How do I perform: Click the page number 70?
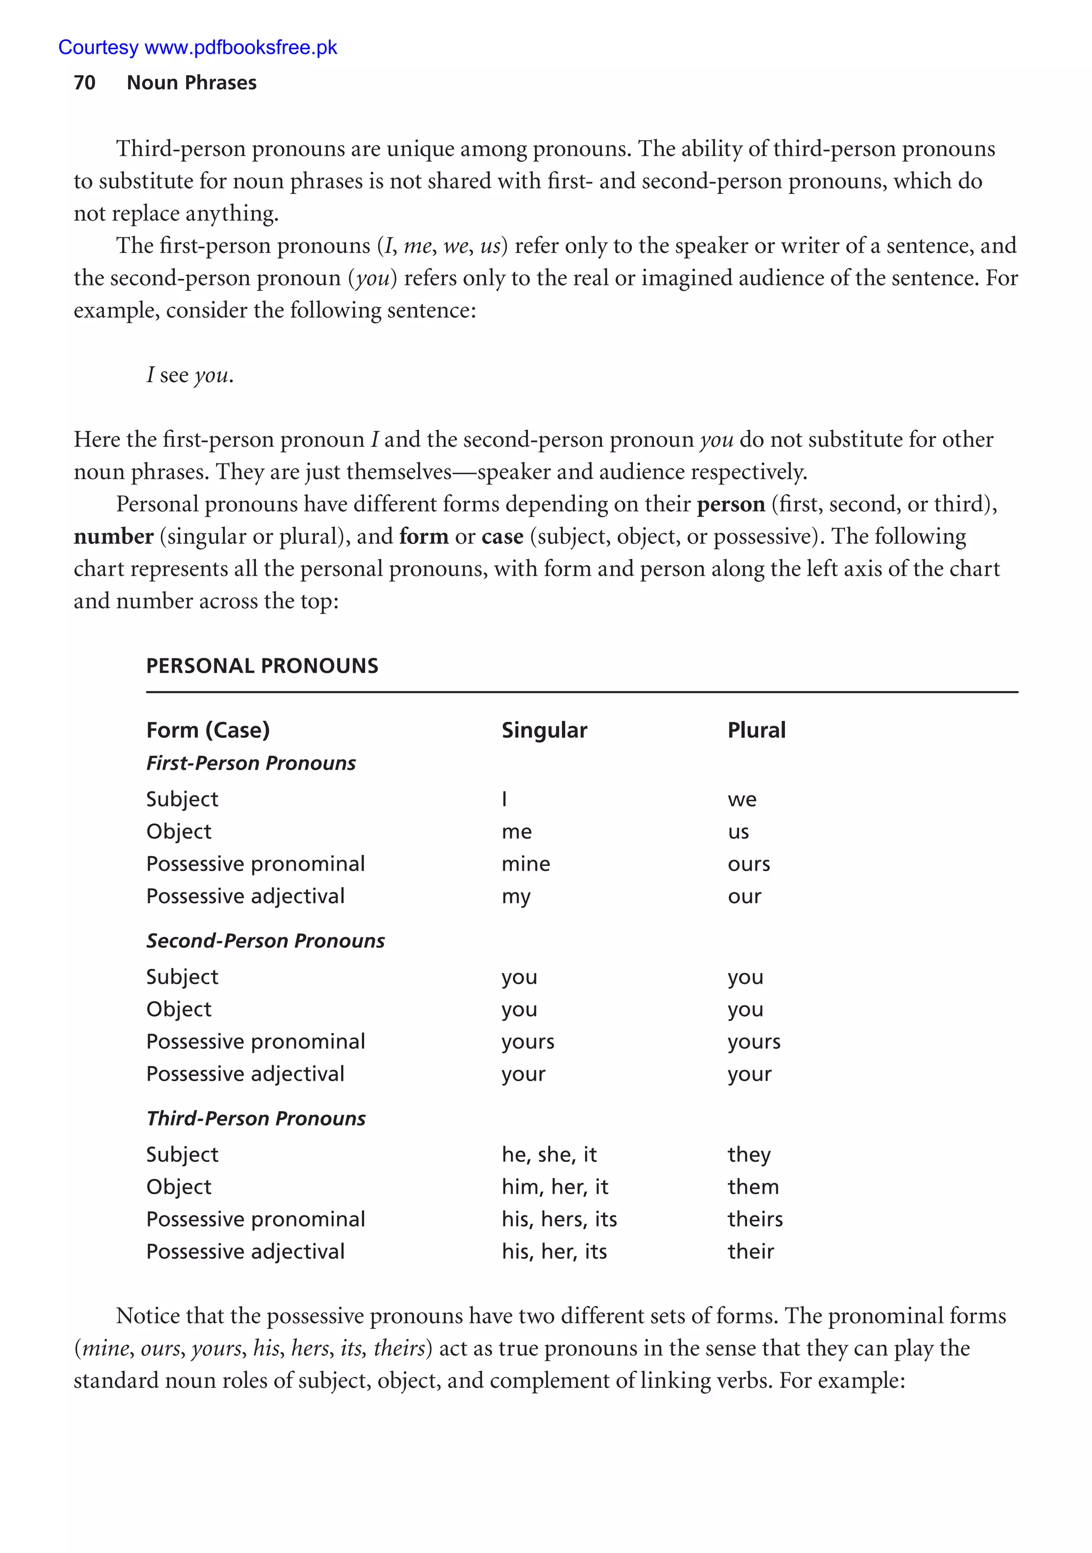[85, 83]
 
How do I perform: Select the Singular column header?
[544, 730]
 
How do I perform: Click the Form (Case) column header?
[208, 730]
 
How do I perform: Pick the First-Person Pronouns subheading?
[250, 763]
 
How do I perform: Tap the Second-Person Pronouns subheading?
[265, 940]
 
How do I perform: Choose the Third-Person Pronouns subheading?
[256, 1118]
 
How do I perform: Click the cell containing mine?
[526, 864]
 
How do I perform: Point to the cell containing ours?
[748, 864]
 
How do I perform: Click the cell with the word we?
[742, 800]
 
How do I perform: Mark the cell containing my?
[516, 897]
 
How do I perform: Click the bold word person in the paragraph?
[730, 504]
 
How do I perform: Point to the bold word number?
[114, 536]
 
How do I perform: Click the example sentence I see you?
[189, 375]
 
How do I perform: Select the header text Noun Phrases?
[191, 83]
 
